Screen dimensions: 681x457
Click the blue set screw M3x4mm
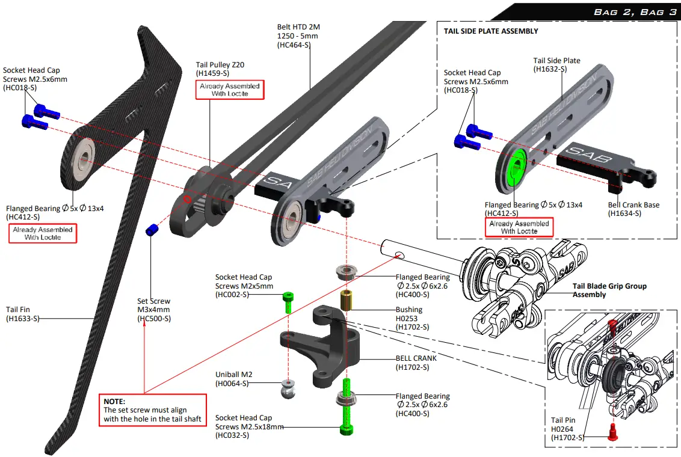(x=152, y=230)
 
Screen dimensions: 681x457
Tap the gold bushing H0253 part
(x=346, y=300)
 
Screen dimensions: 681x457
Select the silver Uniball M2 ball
(x=288, y=388)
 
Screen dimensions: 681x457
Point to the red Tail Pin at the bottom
(x=612, y=432)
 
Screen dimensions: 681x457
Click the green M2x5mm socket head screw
(x=288, y=302)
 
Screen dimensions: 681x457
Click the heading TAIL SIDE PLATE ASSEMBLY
(x=491, y=31)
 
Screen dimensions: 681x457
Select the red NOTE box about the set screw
(x=152, y=410)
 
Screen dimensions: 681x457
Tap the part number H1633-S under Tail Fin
(x=23, y=319)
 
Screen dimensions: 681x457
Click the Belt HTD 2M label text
(x=298, y=27)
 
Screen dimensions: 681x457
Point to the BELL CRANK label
(x=416, y=358)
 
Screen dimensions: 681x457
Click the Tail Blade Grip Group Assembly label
(x=609, y=290)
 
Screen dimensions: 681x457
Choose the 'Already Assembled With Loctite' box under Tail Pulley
(x=230, y=90)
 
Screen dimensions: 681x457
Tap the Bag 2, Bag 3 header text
(x=635, y=12)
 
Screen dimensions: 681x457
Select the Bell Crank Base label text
(x=633, y=205)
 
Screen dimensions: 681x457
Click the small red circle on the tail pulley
(x=187, y=199)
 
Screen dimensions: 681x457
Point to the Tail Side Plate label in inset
(x=556, y=61)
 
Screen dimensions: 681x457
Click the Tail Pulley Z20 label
(x=220, y=65)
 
